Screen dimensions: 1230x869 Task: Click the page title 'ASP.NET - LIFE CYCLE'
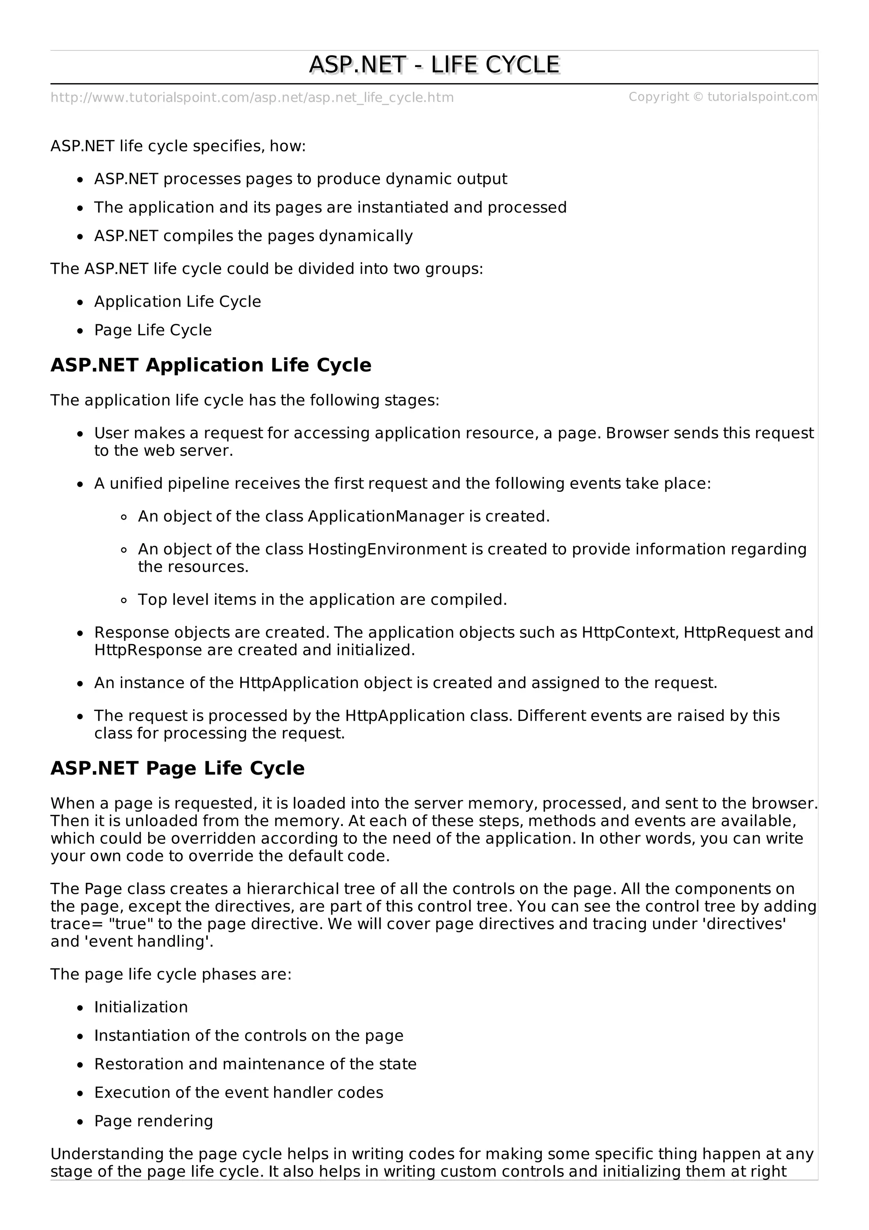click(434, 65)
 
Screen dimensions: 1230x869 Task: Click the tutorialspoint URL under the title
click(252, 98)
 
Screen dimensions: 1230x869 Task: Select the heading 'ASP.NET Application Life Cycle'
click(210, 365)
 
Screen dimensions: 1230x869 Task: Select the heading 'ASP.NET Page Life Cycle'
click(177, 768)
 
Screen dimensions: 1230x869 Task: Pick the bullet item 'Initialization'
click(141, 1007)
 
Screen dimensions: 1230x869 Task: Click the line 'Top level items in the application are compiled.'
click(322, 599)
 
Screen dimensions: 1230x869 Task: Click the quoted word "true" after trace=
click(131, 924)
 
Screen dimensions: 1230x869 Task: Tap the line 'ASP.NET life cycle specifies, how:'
click(178, 146)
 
